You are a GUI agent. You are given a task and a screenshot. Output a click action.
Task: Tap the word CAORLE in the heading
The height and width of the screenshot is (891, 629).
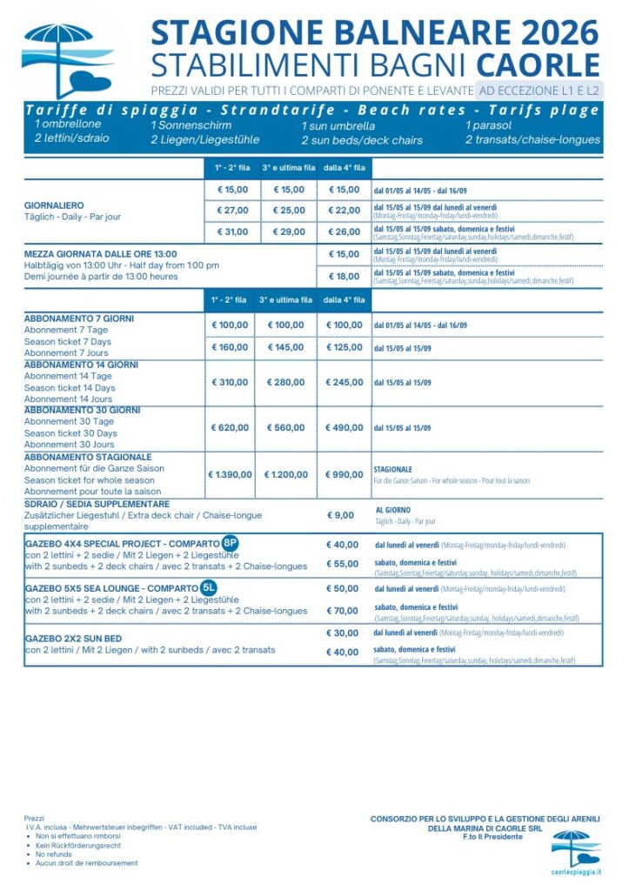(x=539, y=65)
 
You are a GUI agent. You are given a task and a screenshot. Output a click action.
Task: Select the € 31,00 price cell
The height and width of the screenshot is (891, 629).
(x=232, y=231)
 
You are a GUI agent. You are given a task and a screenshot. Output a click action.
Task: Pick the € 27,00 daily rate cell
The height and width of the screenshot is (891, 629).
(x=232, y=210)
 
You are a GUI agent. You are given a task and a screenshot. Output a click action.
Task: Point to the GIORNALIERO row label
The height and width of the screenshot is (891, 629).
(x=54, y=205)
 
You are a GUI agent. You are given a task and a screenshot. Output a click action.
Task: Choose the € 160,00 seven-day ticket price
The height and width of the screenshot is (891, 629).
(x=232, y=347)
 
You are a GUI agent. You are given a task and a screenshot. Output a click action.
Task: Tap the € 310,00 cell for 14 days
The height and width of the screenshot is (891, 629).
(x=232, y=382)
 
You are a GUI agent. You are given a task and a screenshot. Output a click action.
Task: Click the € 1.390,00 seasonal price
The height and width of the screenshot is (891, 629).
(x=231, y=474)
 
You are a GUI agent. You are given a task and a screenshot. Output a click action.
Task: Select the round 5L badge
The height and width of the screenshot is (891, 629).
(x=210, y=587)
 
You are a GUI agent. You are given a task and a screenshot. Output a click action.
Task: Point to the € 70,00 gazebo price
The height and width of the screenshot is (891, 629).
(x=343, y=611)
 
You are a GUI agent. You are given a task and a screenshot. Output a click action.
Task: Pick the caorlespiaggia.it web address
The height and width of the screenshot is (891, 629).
(x=577, y=870)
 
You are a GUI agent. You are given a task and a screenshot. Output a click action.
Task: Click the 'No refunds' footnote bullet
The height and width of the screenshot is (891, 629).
(x=53, y=854)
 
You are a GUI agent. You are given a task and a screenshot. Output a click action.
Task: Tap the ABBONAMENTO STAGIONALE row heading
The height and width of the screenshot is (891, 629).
(x=88, y=457)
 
